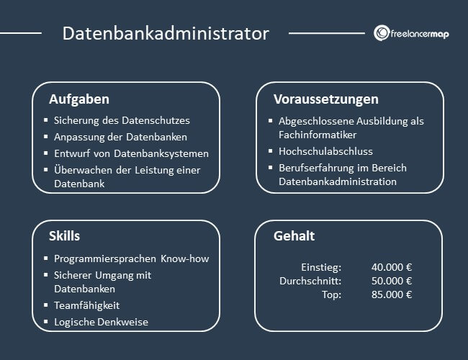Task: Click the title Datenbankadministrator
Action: coord(166,34)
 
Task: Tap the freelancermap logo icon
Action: coord(382,34)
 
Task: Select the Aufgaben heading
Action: coord(79,99)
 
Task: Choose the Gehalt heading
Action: coord(294,236)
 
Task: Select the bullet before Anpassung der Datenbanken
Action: coord(45,137)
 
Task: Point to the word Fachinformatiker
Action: coord(318,135)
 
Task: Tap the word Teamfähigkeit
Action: coord(86,305)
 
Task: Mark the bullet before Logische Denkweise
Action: coord(45,322)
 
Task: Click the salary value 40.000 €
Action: coord(392,266)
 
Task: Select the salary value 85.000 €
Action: coord(392,294)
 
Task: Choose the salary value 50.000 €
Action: coord(392,281)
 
